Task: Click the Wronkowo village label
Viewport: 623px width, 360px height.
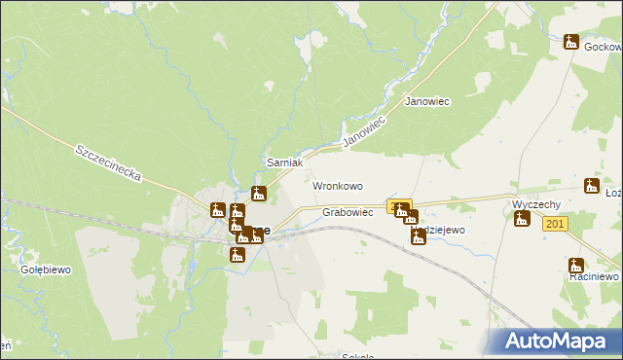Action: tap(337, 185)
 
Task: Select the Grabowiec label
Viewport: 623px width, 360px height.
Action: tap(348, 212)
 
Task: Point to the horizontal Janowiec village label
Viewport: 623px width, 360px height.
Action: tap(426, 101)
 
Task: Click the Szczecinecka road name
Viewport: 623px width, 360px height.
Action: tap(108, 163)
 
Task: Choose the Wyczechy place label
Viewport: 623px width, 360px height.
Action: tap(535, 205)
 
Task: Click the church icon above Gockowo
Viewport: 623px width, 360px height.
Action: tap(571, 42)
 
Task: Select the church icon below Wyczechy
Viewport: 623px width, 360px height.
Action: tap(522, 219)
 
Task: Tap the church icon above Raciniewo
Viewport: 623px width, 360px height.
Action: tap(576, 265)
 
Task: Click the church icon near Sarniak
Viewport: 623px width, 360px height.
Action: tap(258, 193)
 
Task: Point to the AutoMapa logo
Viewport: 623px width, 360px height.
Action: tap(557, 342)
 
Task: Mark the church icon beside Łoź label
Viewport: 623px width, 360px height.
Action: tap(591, 186)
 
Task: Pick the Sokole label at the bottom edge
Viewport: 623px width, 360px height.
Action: tap(358, 356)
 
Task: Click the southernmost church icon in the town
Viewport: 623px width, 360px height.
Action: tap(237, 255)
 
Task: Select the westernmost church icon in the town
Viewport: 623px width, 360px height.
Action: tap(218, 209)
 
